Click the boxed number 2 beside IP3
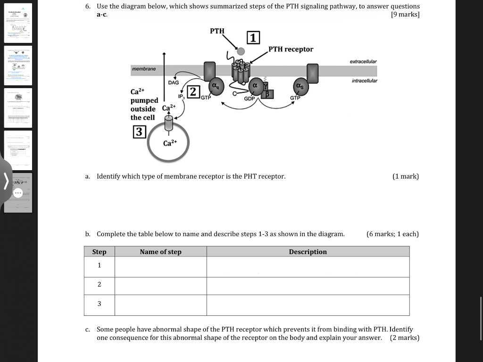pos(193,91)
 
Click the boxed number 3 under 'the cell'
pos(139,132)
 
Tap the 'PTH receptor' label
pos(291,49)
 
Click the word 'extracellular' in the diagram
pos(363,62)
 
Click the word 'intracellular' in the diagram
pos(365,81)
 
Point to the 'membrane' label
pos(144,69)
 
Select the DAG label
pos(174,82)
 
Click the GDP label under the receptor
pos(250,99)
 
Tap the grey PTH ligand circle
pos(241,51)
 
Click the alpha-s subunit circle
pos(300,86)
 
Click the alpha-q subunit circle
pos(216,86)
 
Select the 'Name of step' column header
pos(160,252)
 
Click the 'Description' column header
pos(308,252)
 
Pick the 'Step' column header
pos(99,252)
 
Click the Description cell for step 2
pos(308,286)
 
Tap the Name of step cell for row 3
pos(160,305)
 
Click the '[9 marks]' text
pos(405,15)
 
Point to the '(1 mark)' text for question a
pos(405,176)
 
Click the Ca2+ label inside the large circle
pos(170,142)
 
